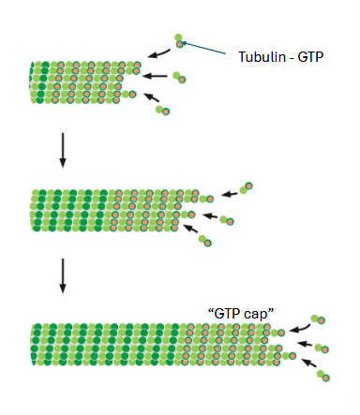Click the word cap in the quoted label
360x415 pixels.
[x=254, y=312]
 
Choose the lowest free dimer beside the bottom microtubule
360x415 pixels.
[x=325, y=377]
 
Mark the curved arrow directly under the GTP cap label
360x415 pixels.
[x=300, y=328]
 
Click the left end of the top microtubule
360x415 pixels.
[x=34, y=82]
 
